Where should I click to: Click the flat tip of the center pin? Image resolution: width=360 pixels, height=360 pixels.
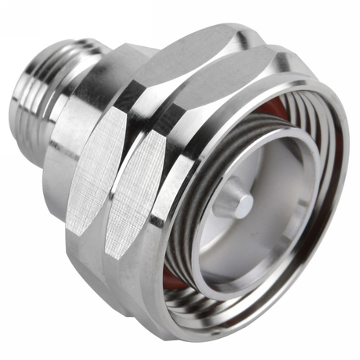[x=245, y=204]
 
